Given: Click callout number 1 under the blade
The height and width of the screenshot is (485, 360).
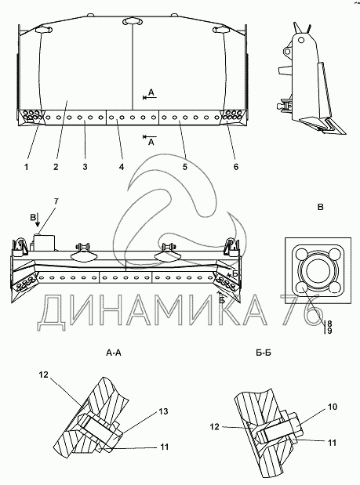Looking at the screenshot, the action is pos(27,167).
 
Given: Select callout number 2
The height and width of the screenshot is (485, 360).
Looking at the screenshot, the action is pos(56,167).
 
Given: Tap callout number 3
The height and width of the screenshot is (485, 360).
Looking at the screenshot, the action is pos(85,167).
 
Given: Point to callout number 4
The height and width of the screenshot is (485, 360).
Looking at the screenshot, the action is pos(122,167).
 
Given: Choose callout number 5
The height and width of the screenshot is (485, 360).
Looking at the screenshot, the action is pos(185,167).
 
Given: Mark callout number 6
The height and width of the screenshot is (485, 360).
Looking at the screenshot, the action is pos(236,167).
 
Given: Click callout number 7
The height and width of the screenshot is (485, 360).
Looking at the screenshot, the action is pos(56,201).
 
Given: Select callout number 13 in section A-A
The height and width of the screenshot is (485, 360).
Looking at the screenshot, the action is pos(163,411).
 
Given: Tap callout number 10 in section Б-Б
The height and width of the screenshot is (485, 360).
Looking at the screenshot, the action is pos(332,407).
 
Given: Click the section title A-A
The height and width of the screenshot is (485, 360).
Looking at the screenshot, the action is pos(114,353).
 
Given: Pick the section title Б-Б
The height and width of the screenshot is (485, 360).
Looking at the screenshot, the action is pos(264,353).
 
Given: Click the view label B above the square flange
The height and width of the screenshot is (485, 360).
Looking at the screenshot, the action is pos(320,207).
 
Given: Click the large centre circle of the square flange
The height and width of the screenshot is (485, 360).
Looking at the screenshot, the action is pos(318,267).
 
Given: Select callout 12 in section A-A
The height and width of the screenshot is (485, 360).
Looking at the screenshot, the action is pos(44,375).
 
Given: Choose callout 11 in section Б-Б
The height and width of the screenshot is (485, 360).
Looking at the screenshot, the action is pos(332,443).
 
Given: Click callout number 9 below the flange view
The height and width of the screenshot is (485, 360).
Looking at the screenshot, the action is pos(329,331).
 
